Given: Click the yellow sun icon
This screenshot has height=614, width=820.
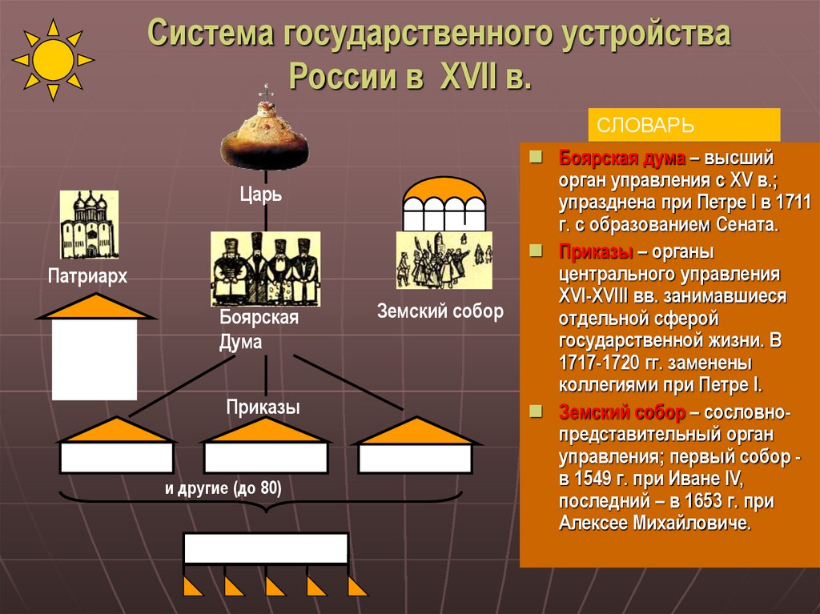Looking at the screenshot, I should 54,60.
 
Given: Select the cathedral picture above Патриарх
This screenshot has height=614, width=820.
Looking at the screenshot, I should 89,225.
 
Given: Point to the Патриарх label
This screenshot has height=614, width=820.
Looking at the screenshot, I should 87,276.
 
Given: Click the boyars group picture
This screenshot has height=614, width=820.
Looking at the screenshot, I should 265,269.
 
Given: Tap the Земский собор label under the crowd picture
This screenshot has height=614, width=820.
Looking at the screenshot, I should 440,311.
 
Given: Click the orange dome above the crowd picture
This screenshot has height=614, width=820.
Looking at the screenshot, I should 444,191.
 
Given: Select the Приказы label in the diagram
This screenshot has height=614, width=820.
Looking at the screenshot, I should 263,407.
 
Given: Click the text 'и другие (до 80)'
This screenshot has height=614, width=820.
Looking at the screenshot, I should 224,489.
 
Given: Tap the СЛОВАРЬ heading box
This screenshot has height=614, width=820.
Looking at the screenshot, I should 684,126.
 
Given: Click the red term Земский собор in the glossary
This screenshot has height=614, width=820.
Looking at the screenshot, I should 621,413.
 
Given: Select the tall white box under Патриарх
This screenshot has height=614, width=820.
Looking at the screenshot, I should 94,359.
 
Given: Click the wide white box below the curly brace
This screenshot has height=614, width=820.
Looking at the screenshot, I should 266,549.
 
